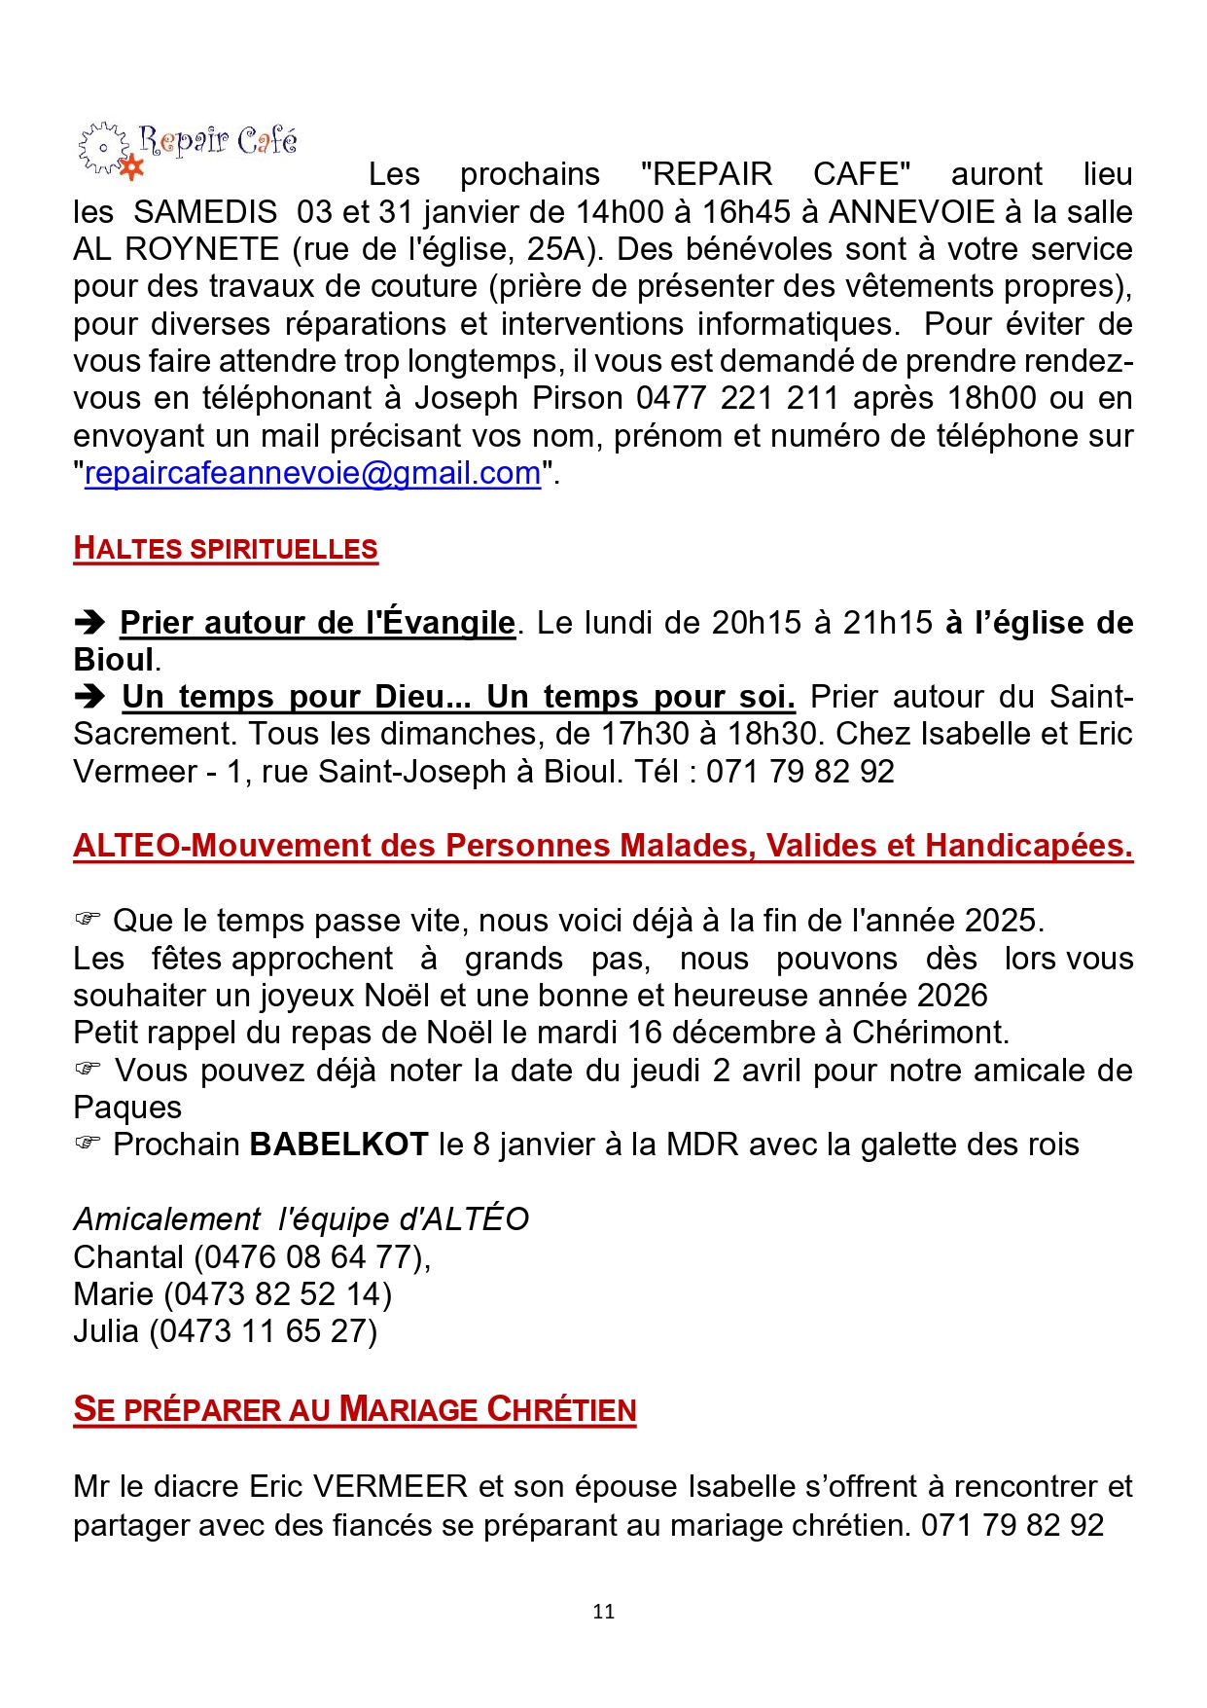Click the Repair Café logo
pos(187,149)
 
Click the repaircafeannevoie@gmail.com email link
pos(312,473)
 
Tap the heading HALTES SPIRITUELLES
pos(226,549)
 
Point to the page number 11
pos(603,1612)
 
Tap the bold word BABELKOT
pos(338,1145)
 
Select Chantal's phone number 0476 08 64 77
pos(308,1257)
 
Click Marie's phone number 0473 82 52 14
pos(277,1294)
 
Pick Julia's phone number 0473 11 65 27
pos(263,1331)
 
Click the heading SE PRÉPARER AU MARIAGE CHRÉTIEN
pos(355,1410)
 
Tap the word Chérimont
pos(930,1033)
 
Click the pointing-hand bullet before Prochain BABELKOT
pos(88,1143)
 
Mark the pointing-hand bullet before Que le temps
pos(88,919)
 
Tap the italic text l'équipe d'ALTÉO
pos(404,1219)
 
